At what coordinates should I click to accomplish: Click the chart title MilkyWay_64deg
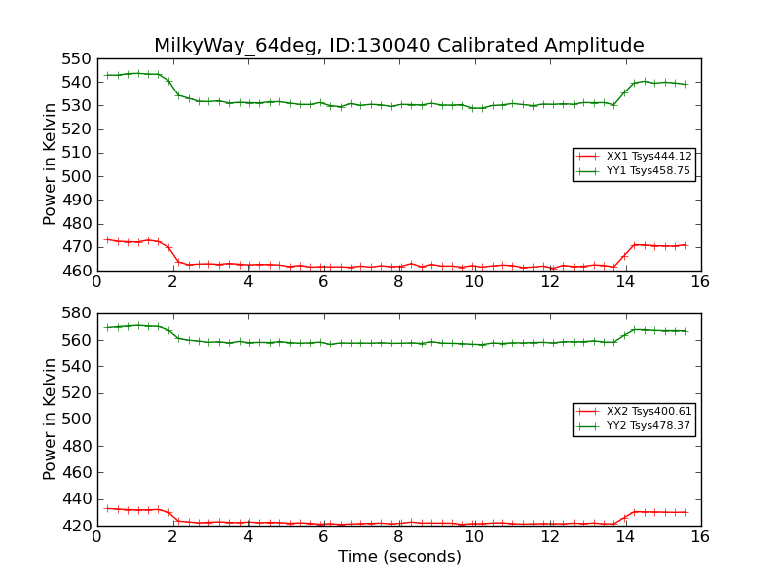(398, 46)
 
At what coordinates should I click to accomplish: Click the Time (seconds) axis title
(398, 557)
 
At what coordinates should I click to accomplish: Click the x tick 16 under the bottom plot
(700, 536)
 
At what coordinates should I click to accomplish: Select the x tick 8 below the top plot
(398, 282)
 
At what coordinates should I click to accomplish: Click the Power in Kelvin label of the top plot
(50, 164)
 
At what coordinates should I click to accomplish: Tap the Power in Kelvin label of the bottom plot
(50, 420)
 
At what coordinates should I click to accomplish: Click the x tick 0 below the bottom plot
(96, 536)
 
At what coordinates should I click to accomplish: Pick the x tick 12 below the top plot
(549, 282)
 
